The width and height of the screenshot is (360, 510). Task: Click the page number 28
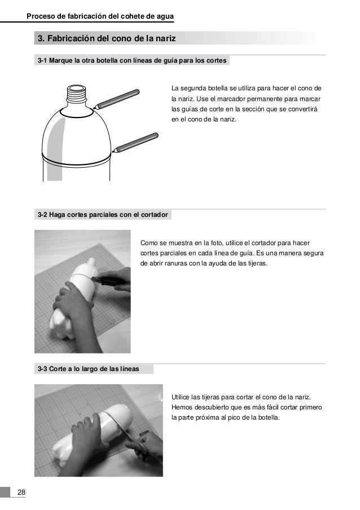click(x=21, y=492)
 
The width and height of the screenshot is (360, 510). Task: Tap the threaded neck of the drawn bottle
click(x=77, y=94)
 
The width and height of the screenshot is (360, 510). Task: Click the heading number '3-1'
click(x=42, y=60)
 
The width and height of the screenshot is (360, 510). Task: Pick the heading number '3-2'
click(x=42, y=215)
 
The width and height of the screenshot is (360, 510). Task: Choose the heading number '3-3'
click(x=42, y=369)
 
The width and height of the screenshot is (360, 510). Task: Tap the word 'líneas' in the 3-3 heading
click(x=129, y=369)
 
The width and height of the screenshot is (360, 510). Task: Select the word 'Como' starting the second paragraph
click(x=147, y=243)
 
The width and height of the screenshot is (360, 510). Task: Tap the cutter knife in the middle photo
click(x=109, y=280)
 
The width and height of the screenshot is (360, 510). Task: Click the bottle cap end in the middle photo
click(x=91, y=261)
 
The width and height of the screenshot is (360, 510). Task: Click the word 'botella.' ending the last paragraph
click(x=269, y=417)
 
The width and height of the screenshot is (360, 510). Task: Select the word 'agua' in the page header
click(x=165, y=16)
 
